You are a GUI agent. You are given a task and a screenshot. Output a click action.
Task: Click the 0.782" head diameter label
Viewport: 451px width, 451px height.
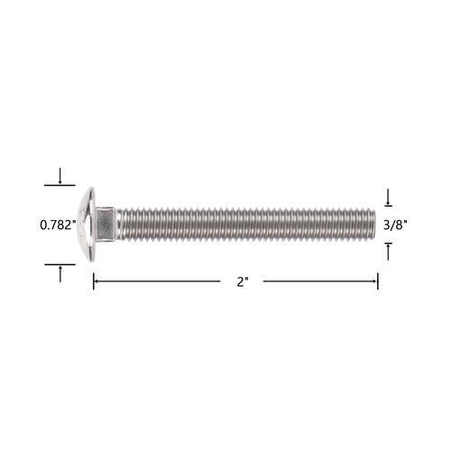click(58, 225)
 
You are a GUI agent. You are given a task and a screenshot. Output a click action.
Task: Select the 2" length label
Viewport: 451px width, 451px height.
click(243, 281)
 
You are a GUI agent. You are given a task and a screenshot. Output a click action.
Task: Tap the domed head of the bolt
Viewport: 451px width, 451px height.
click(87, 225)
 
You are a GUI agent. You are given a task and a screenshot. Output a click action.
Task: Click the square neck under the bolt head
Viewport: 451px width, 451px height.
click(106, 225)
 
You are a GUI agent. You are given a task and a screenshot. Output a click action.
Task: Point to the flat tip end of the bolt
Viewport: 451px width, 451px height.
click(374, 225)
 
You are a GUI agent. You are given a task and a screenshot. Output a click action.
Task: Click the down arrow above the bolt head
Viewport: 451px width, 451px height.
click(60, 176)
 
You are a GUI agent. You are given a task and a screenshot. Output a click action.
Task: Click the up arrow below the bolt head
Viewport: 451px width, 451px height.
click(60, 274)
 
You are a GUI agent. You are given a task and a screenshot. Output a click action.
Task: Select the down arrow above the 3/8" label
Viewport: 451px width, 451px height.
click(388, 198)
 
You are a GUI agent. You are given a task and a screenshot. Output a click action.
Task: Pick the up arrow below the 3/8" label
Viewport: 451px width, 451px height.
click(388, 252)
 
